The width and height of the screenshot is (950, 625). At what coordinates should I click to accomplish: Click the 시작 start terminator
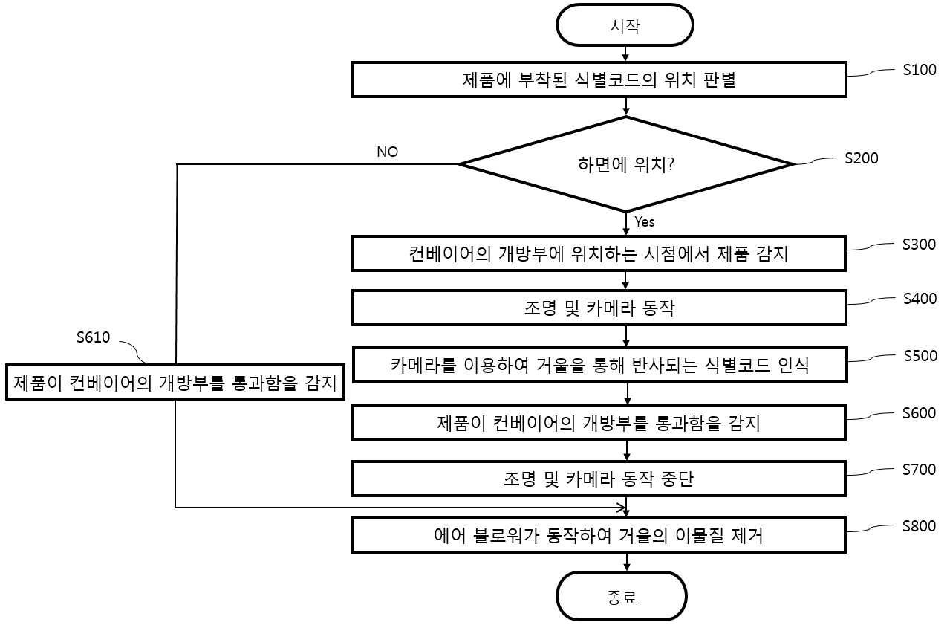tap(625, 25)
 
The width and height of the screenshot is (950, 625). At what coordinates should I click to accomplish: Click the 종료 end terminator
tap(621, 596)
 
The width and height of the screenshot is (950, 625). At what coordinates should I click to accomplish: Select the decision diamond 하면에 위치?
tap(626, 164)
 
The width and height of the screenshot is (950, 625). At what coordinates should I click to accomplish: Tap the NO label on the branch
tap(387, 152)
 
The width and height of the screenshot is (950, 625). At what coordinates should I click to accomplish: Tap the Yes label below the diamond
tap(645, 221)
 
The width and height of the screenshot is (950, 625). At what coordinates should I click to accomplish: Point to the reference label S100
tap(920, 70)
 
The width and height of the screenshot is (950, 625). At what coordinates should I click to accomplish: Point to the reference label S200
tap(862, 158)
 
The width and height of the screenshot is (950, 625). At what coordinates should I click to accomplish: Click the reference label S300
tap(920, 245)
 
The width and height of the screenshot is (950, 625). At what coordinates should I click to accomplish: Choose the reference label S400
tap(920, 299)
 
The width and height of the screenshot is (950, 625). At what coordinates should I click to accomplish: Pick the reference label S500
tap(920, 355)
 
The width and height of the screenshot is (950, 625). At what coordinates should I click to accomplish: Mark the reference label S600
tap(920, 413)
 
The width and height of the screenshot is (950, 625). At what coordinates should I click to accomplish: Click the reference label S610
tap(93, 337)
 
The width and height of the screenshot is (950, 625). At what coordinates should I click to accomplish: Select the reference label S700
tap(920, 470)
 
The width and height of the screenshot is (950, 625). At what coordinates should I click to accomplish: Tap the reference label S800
tap(920, 526)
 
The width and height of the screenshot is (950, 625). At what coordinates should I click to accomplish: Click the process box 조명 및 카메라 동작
tap(599, 308)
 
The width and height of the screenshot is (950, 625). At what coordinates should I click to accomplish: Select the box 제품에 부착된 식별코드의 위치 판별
tap(599, 80)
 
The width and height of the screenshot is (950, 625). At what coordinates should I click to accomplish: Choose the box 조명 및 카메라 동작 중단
tap(599, 479)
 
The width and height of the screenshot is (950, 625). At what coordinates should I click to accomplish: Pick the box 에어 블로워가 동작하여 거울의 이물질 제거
tap(599, 535)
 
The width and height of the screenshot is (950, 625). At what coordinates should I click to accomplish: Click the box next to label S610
tap(175, 382)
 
